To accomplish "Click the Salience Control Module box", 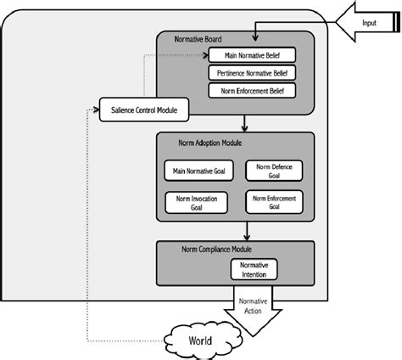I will click(144, 110).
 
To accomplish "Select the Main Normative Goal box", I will click(198, 171).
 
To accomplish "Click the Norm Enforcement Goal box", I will click(271, 202).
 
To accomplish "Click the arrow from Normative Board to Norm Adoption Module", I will click(243, 124).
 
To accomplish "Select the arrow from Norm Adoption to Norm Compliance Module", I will click(245, 231).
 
